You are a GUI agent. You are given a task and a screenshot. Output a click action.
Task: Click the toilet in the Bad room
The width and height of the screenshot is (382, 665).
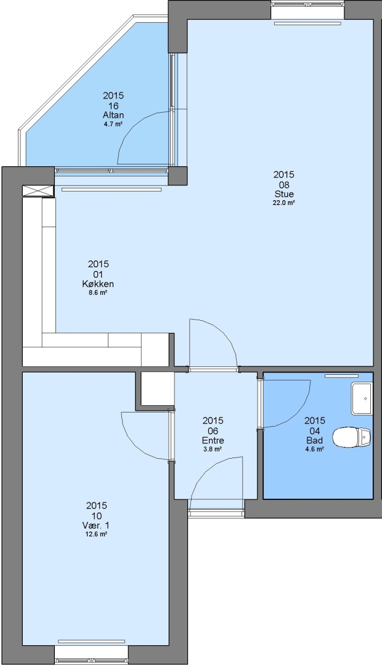click(351, 437)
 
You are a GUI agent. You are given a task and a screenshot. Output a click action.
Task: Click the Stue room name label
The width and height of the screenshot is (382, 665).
click(283, 194)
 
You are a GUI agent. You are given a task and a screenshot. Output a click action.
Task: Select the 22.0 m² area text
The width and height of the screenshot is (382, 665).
click(283, 203)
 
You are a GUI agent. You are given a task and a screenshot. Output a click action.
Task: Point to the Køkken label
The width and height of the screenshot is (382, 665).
click(98, 284)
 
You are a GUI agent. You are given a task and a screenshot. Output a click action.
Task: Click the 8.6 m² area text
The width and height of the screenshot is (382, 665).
click(97, 292)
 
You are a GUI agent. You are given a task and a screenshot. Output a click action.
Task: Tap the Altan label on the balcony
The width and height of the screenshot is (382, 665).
click(113, 115)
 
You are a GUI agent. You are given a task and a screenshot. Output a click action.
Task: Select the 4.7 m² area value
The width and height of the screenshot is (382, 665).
click(113, 124)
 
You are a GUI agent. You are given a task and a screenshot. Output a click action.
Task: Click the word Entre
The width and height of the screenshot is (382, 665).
click(213, 441)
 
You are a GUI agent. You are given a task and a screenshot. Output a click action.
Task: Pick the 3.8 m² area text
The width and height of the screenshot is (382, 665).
click(213, 449)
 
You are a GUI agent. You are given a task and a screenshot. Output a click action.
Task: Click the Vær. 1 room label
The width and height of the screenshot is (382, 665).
click(96, 525)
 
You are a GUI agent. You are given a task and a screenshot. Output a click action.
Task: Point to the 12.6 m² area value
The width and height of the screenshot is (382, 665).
click(96, 534)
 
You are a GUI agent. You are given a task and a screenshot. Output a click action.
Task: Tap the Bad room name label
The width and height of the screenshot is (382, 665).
click(314, 441)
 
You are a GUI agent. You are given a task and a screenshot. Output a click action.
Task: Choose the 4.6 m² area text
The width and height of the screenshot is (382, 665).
click(314, 449)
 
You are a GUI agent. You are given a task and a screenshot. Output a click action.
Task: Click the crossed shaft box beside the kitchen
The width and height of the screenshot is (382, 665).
click(38, 191)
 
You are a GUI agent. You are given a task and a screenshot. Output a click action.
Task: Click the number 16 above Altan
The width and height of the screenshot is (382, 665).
click(113, 106)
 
